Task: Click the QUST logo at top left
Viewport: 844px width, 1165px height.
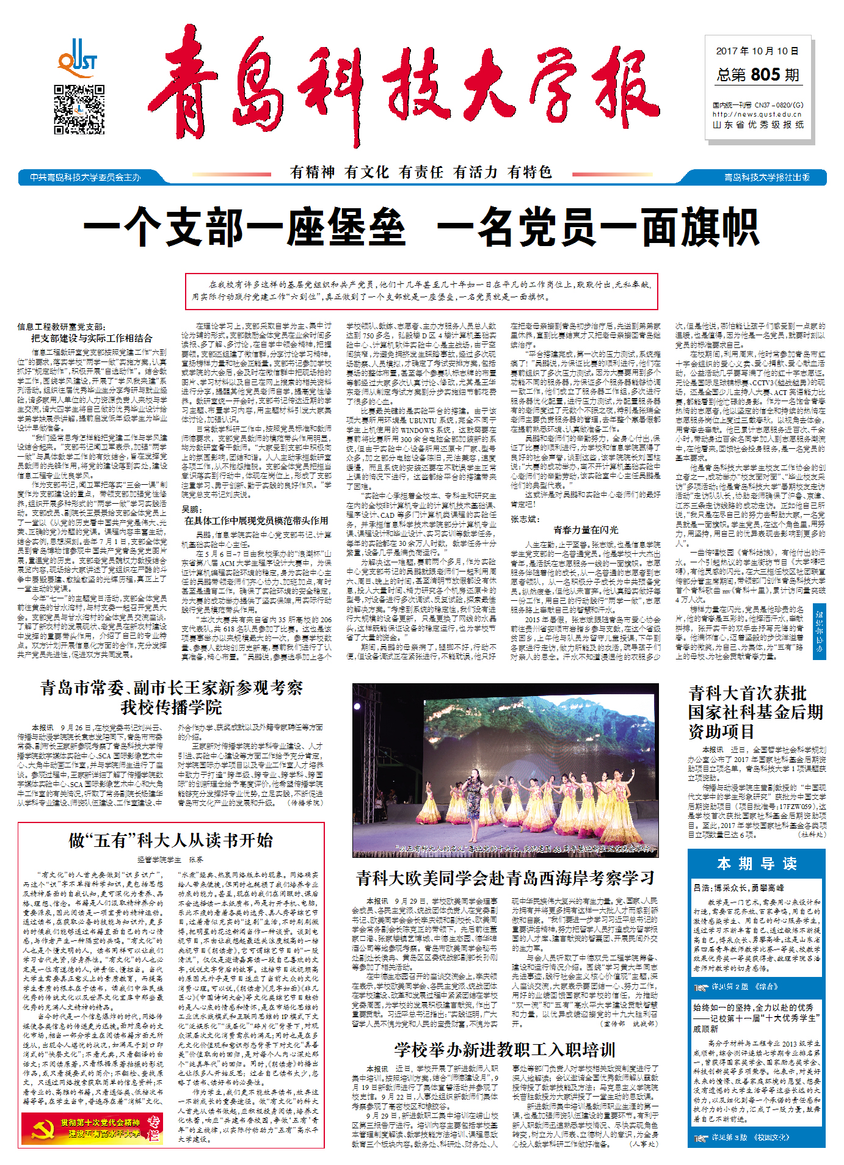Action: click(x=78, y=57)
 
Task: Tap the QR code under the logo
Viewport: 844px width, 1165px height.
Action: click(x=79, y=109)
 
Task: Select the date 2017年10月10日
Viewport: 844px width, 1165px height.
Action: click(x=757, y=51)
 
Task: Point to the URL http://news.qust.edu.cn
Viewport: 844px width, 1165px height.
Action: click(x=757, y=114)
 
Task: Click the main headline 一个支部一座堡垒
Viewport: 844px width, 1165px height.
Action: click(x=244, y=227)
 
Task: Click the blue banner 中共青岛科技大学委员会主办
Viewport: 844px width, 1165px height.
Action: click(x=85, y=178)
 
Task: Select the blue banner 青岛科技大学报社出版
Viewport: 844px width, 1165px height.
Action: click(x=766, y=178)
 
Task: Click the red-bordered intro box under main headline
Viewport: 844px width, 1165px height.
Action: click(x=421, y=291)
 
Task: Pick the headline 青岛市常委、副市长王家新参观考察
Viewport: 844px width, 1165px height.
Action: click(x=172, y=688)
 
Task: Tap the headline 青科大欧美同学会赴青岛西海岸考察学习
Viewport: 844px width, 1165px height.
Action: click(x=505, y=879)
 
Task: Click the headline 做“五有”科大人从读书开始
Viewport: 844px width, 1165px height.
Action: click(x=171, y=840)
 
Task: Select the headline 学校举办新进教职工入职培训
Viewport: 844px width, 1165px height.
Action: click(x=504, y=1050)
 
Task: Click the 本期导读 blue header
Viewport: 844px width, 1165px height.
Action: click(x=756, y=863)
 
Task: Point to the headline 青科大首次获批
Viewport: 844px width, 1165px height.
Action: click(x=748, y=693)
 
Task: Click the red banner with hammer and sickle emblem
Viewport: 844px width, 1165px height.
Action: click(x=92, y=1127)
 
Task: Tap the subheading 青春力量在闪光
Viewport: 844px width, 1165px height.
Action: click(x=585, y=529)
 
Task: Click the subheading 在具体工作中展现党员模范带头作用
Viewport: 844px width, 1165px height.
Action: click(x=256, y=520)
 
